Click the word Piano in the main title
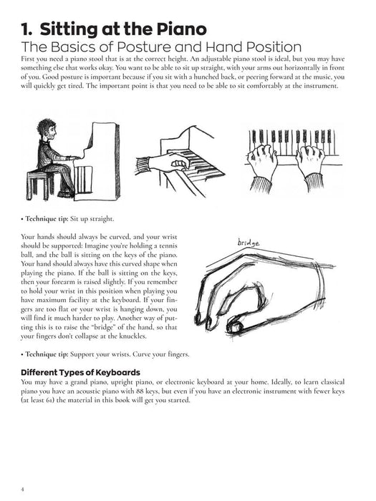pos(180,30)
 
